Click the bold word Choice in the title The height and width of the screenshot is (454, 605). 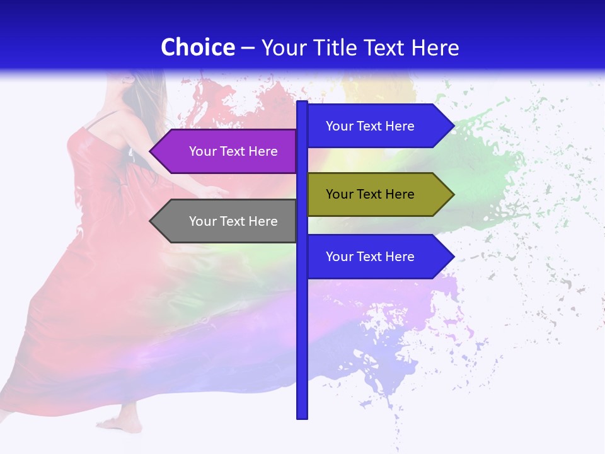(x=197, y=47)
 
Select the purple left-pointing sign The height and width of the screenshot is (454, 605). (x=227, y=151)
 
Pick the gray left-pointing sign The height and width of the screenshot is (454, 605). (x=227, y=221)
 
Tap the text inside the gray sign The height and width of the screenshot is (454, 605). (x=233, y=221)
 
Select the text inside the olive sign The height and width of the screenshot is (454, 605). (x=370, y=194)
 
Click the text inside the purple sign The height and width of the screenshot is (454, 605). (x=233, y=151)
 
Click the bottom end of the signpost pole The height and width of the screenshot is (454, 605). (x=302, y=416)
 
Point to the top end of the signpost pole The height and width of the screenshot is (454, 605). (x=302, y=103)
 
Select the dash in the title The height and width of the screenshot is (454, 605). (x=248, y=48)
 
